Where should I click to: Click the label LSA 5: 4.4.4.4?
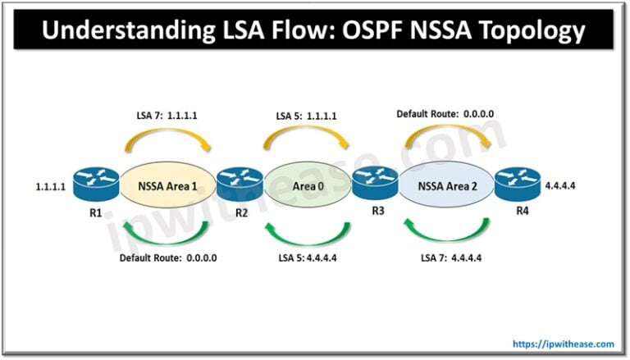point(310,260)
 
